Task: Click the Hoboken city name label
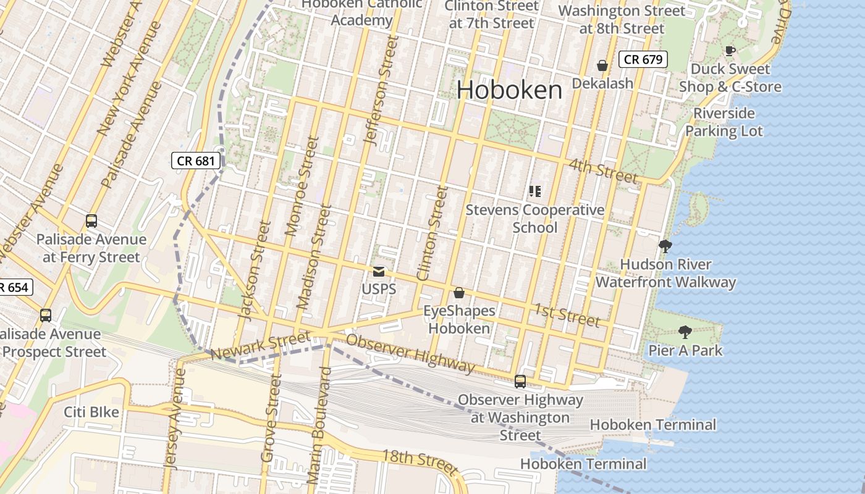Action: tap(510, 90)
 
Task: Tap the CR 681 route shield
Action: tap(196, 161)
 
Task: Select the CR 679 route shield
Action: tap(643, 59)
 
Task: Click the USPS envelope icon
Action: tap(379, 271)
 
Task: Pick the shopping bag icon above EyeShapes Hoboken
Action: tap(459, 292)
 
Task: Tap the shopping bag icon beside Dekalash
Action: tap(602, 65)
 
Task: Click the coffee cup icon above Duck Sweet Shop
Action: tap(730, 51)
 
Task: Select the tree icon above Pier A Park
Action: tap(685, 332)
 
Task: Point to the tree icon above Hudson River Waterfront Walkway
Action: tap(665, 246)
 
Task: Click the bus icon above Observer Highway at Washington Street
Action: tap(520, 382)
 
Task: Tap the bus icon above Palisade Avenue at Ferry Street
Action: tap(91, 220)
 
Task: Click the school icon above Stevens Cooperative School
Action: tap(535, 191)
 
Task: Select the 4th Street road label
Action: tap(602, 171)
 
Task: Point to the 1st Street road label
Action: tap(567, 314)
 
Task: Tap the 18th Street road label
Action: tap(420, 459)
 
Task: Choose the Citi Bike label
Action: tap(91, 412)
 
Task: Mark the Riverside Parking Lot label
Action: tap(724, 122)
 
